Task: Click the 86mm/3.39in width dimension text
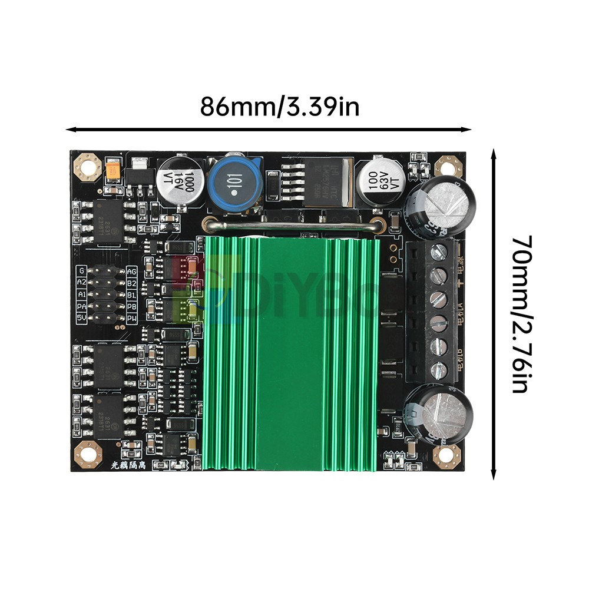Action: tap(279, 107)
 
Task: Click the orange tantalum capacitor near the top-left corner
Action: tap(112, 171)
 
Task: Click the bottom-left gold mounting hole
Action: tap(87, 454)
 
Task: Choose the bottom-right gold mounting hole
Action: tap(446, 454)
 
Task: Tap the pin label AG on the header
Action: tap(132, 271)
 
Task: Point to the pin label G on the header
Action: tap(82, 271)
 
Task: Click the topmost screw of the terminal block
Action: tap(437, 253)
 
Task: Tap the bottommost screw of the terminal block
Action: tap(437, 370)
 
